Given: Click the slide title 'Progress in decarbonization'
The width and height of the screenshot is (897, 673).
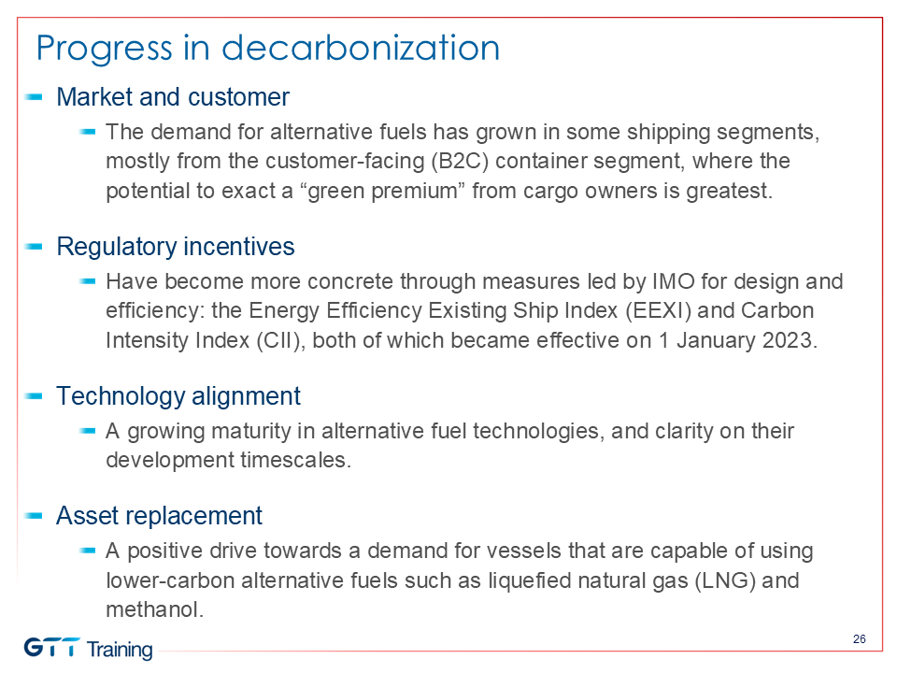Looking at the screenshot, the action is (268, 48).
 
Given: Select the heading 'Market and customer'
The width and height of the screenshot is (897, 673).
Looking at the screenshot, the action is (173, 97).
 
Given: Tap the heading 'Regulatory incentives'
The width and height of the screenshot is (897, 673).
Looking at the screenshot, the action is (175, 247).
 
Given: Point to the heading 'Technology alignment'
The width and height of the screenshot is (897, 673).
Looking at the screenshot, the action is (178, 396).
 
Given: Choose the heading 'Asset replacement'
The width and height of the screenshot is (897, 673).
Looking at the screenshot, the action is (159, 516).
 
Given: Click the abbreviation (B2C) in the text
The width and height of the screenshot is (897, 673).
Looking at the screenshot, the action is (460, 162).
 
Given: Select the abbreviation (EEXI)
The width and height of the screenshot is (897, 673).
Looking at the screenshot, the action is (658, 310).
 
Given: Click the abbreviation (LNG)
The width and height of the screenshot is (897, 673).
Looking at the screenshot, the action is (725, 580).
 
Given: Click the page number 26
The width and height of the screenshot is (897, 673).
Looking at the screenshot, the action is (860, 639).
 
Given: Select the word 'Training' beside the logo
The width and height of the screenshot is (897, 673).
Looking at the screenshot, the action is (120, 650).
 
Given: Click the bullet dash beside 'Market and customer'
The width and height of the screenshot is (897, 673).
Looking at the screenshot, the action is (34, 97).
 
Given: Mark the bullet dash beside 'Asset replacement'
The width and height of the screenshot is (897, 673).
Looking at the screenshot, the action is (34, 516).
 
